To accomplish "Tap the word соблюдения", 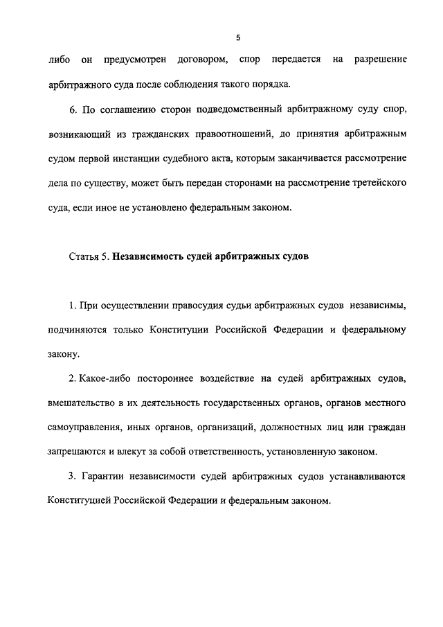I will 194,85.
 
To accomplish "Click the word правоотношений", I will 218,134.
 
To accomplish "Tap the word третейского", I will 377,183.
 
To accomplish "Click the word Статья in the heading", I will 84,256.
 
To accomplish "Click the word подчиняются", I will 77,330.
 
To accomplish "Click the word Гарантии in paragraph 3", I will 102,477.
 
